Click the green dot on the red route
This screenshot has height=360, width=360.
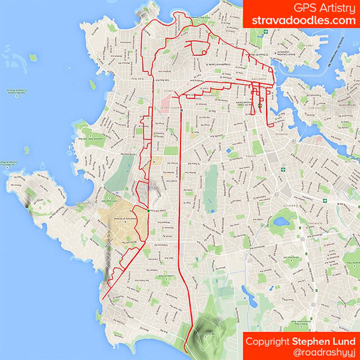(x=149, y=210)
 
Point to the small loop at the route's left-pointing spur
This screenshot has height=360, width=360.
(x=205, y=53)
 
